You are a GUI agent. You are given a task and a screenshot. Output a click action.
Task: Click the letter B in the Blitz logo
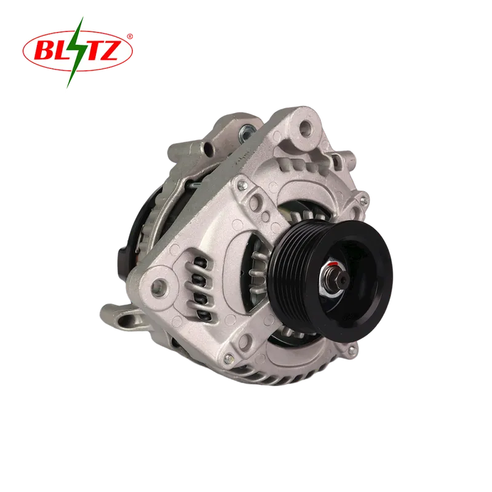tap(45, 50)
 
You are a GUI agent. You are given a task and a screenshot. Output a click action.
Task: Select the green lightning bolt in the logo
tap(75, 52)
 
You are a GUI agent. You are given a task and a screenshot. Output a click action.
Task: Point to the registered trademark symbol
tap(130, 37)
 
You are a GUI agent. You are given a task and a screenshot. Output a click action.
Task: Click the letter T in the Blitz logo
tap(90, 50)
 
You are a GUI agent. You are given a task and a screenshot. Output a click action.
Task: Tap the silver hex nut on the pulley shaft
tap(333, 280)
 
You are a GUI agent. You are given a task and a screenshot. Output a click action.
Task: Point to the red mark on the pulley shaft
tap(334, 264)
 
